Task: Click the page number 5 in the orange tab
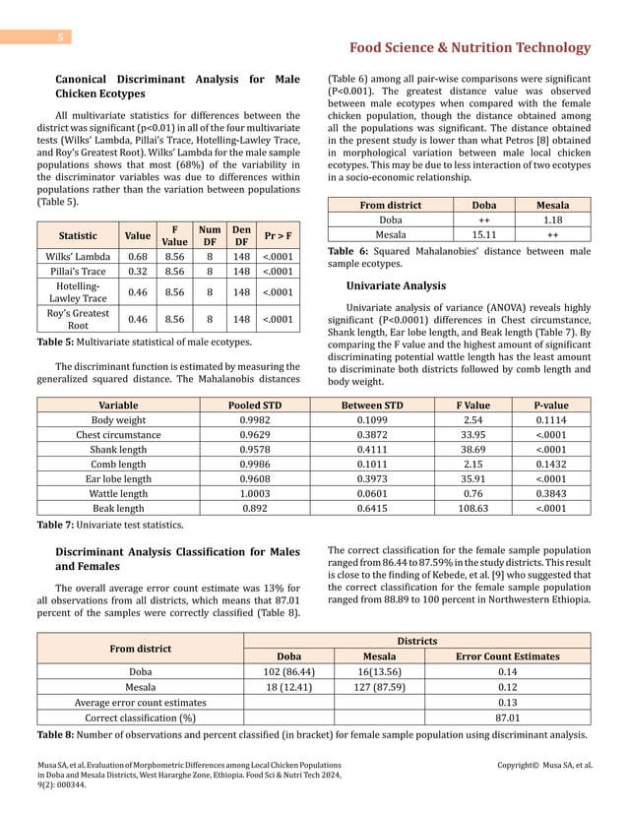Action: [x=60, y=37]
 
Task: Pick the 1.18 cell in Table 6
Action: [x=552, y=219]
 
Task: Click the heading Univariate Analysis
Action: [x=396, y=285]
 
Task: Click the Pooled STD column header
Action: [x=256, y=404]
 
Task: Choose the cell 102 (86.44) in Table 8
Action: [x=288, y=671]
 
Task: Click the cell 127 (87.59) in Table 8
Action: [x=379, y=686]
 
